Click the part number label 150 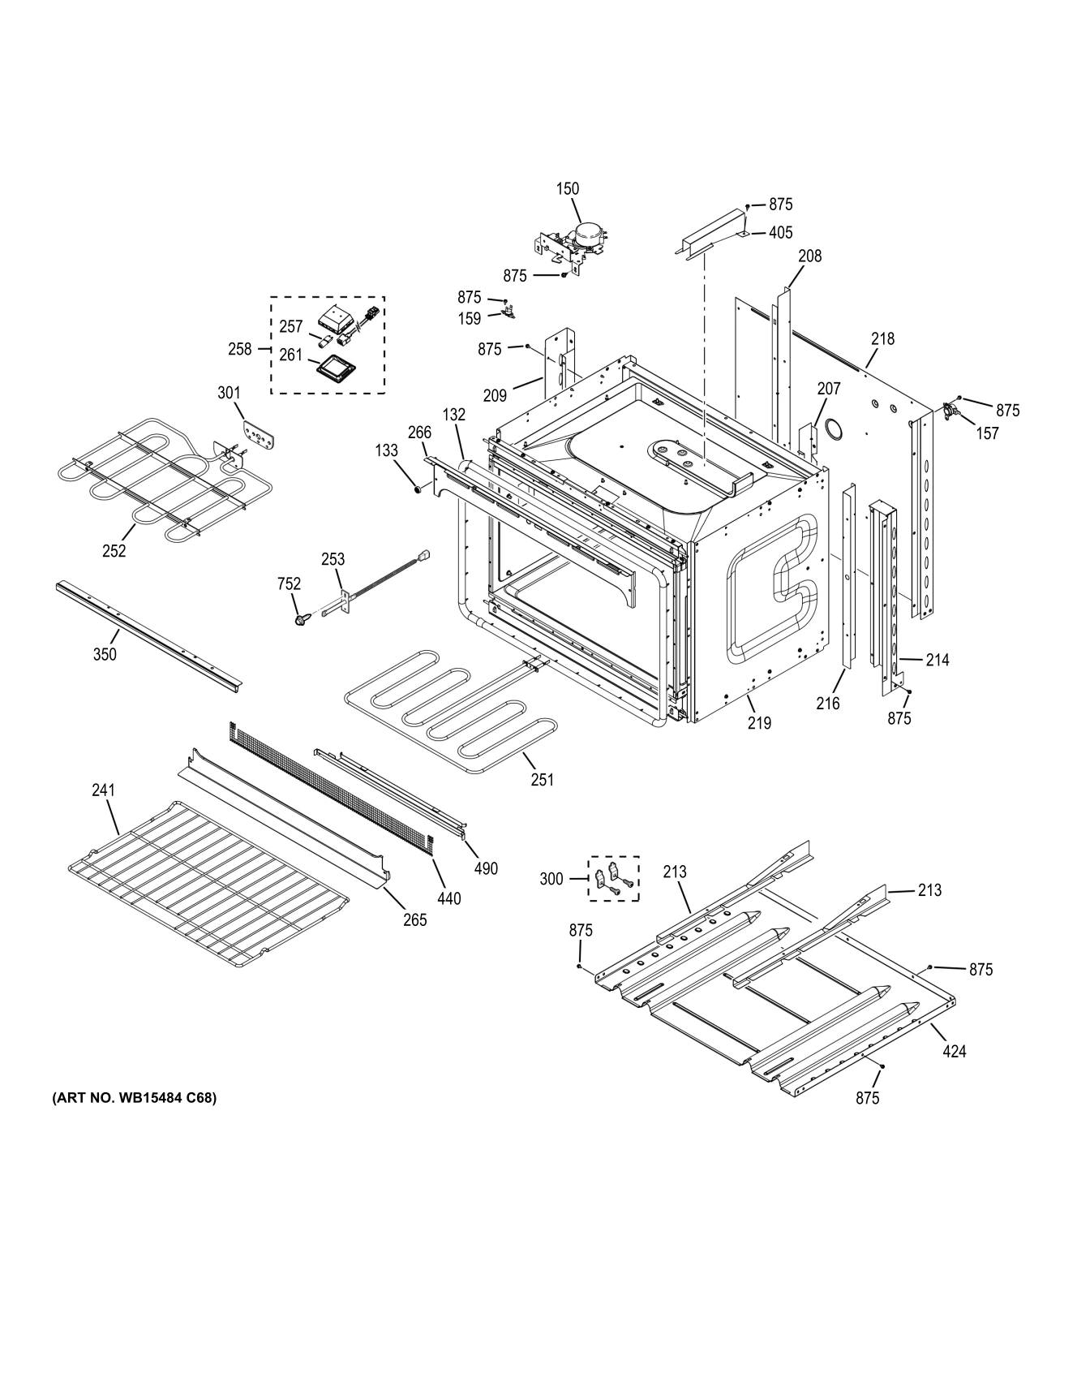click(568, 189)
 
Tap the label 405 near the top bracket click(780, 233)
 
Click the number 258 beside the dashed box click(240, 350)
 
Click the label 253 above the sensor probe click(333, 559)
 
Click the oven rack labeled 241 click(207, 885)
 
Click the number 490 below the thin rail click(486, 868)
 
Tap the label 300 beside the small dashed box click(551, 879)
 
